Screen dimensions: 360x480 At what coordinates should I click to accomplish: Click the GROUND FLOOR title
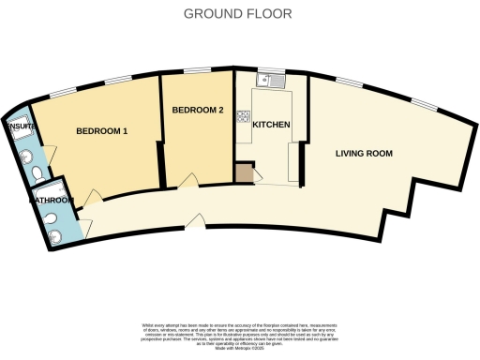pos(237,14)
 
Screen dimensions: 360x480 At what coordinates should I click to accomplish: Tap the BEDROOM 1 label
pos(101,131)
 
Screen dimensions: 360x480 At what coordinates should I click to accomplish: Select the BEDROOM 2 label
pos(197,111)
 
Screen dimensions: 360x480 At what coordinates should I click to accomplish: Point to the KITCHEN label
pos(270,126)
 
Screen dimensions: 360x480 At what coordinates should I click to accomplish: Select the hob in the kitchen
pos(243,117)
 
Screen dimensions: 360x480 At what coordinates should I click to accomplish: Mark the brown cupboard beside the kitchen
pos(244,173)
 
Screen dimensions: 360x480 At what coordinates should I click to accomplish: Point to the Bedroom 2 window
pos(197,71)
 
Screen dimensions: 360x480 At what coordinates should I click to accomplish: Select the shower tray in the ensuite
pos(22,138)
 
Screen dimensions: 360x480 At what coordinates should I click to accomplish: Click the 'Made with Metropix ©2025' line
pos(240,346)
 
